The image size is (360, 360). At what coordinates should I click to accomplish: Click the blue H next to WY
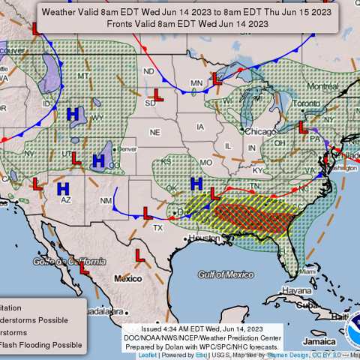coord(73,114)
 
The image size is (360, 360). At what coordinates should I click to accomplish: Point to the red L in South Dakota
coord(158,94)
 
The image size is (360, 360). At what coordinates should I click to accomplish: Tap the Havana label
coord(297,290)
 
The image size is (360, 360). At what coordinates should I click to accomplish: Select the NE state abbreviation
coord(154,132)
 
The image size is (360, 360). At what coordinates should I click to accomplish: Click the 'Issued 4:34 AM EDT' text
coord(202,328)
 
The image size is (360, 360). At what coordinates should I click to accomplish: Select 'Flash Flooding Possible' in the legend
coord(41,345)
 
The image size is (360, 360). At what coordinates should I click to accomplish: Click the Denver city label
coord(127,148)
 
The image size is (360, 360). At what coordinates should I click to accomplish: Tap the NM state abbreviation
coord(106,200)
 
